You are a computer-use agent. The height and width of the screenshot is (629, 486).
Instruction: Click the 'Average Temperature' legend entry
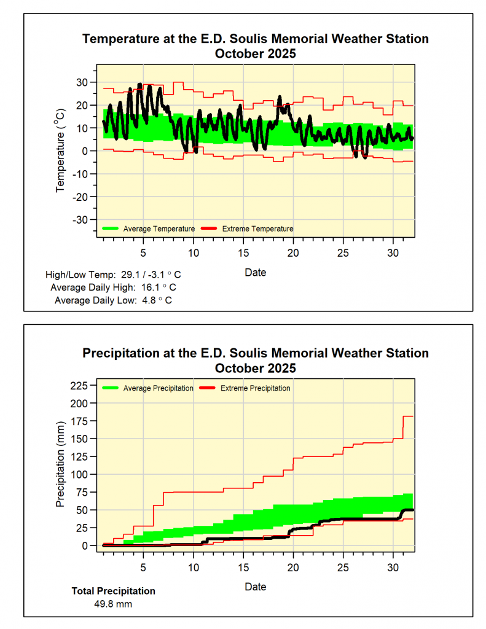[159, 229]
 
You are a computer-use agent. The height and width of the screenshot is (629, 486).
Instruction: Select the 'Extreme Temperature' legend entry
[257, 229]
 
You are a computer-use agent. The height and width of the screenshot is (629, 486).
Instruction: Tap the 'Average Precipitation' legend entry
[158, 388]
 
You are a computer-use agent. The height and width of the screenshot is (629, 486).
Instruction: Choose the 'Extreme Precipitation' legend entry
[255, 388]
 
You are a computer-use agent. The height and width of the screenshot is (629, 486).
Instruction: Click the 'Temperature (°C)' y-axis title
[61, 150]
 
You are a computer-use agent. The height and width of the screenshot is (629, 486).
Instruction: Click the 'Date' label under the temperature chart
[255, 272]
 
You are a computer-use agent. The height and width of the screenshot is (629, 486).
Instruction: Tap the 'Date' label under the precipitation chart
[255, 587]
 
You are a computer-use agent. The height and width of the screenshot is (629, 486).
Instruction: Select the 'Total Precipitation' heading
[114, 591]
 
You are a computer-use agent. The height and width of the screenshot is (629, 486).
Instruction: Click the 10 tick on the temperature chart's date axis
[194, 252]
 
